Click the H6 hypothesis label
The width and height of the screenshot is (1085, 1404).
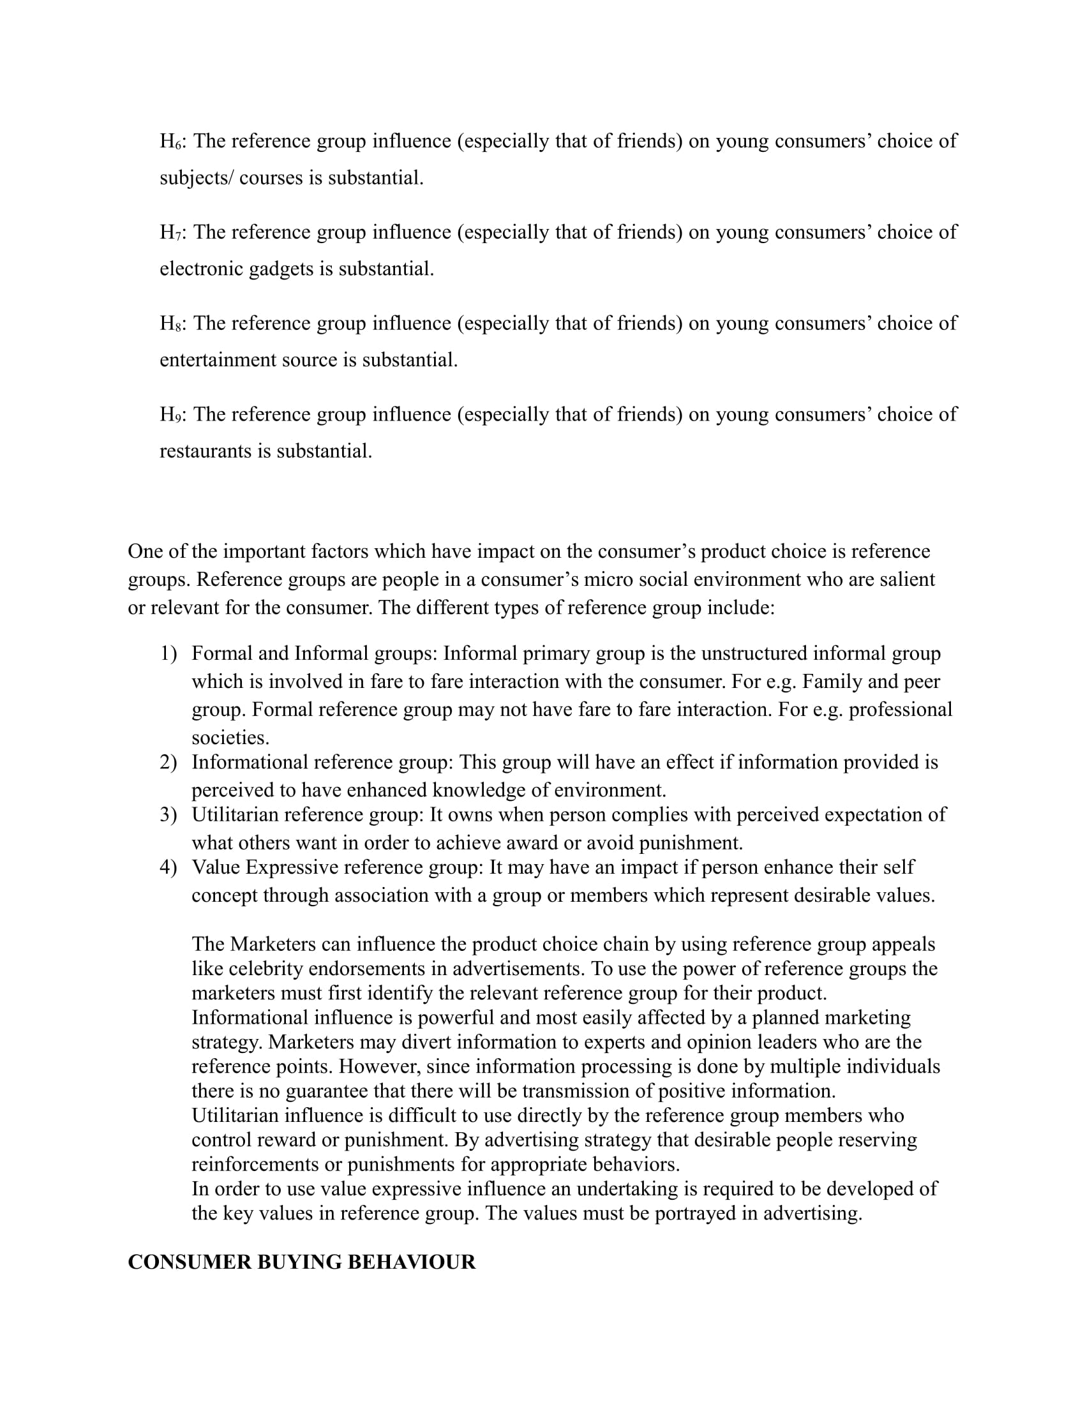coord(171,141)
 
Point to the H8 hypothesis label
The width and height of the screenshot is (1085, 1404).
coord(171,323)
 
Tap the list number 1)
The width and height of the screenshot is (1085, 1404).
coord(168,653)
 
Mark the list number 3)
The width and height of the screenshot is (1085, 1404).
coord(168,814)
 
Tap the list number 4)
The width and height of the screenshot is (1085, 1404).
coord(168,867)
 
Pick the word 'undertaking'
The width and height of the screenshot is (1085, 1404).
coord(624,1189)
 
